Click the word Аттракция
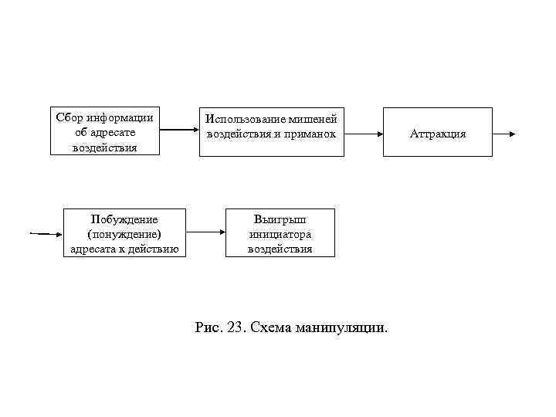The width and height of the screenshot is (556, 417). click(438, 134)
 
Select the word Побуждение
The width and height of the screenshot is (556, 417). click(124, 219)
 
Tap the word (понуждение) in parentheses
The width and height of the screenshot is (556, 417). click(124, 233)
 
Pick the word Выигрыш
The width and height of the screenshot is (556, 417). click(280, 219)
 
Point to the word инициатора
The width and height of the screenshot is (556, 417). click(280, 233)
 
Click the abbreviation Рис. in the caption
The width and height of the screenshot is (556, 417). click(208, 327)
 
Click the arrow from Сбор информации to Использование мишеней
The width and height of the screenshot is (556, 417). click(179, 130)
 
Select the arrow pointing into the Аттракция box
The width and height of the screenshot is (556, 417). click(364, 134)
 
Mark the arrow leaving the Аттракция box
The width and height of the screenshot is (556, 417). click(504, 134)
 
